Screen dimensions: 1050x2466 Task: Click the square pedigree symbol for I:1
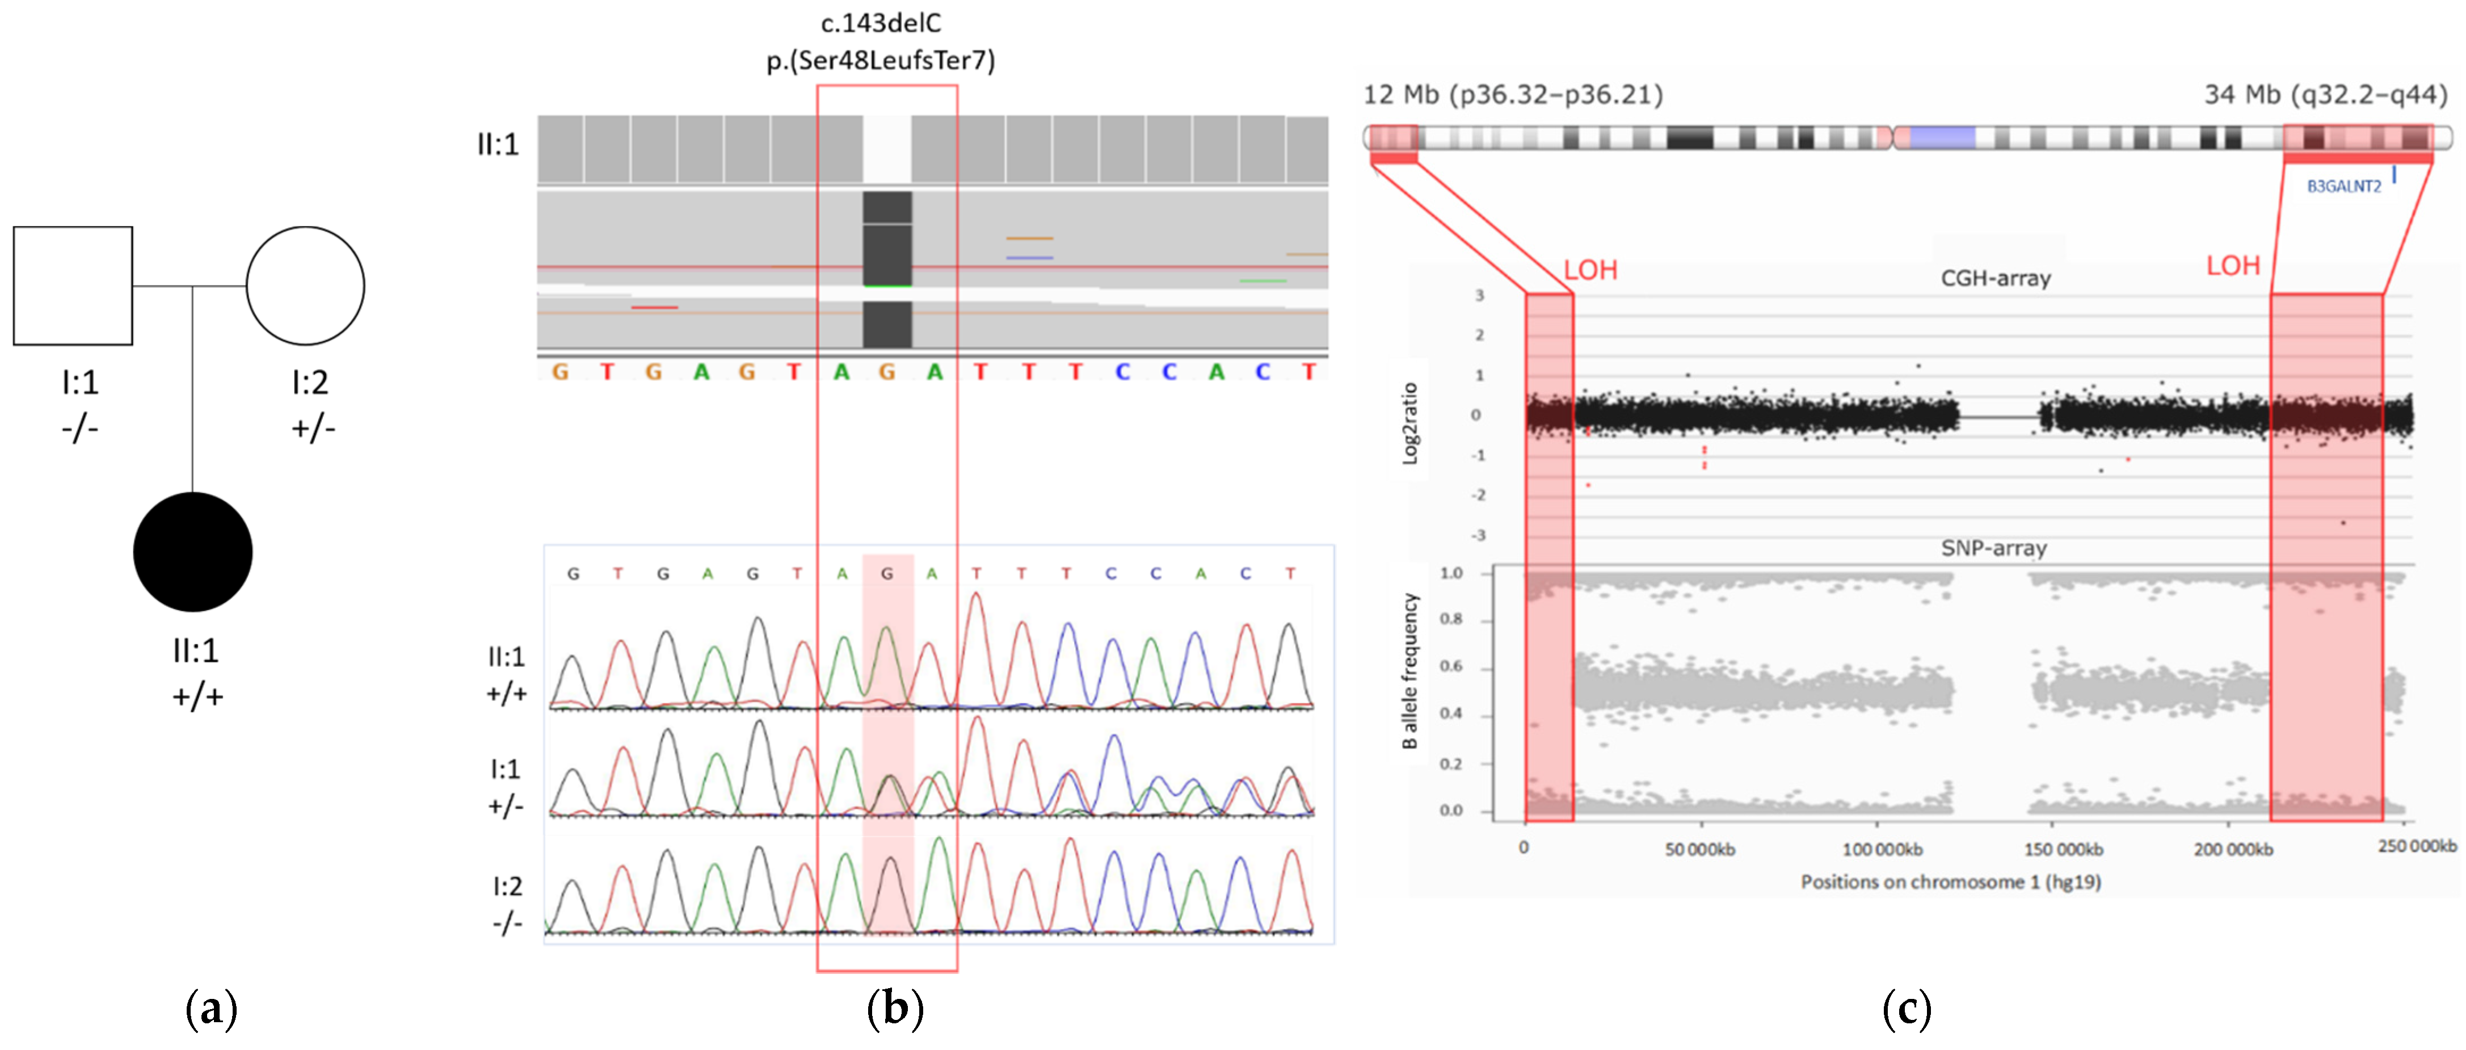pyautogui.click(x=73, y=285)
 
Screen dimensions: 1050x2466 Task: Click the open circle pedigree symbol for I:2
pyautogui.click(x=305, y=285)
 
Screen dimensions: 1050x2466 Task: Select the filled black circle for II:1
pyautogui.click(x=192, y=552)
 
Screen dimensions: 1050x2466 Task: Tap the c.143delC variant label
pyautogui.click(x=881, y=23)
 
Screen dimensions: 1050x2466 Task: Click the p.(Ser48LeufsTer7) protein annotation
pyautogui.click(x=881, y=60)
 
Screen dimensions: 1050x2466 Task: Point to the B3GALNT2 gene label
pyautogui.click(x=2343, y=186)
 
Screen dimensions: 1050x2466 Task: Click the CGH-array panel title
pyautogui.click(x=1995, y=279)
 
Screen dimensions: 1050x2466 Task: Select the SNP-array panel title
pyautogui.click(x=1993, y=548)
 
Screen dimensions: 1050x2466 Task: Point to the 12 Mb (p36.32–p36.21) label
pyautogui.click(x=1513, y=95)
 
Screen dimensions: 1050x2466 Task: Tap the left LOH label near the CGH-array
pyautogui.click(x=1590, y=270)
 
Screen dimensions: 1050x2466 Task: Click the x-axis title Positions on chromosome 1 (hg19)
pyautogui.click(x=1950, y=881)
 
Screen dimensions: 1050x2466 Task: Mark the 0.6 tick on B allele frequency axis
pyautogui.click(x=1451, y=666)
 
